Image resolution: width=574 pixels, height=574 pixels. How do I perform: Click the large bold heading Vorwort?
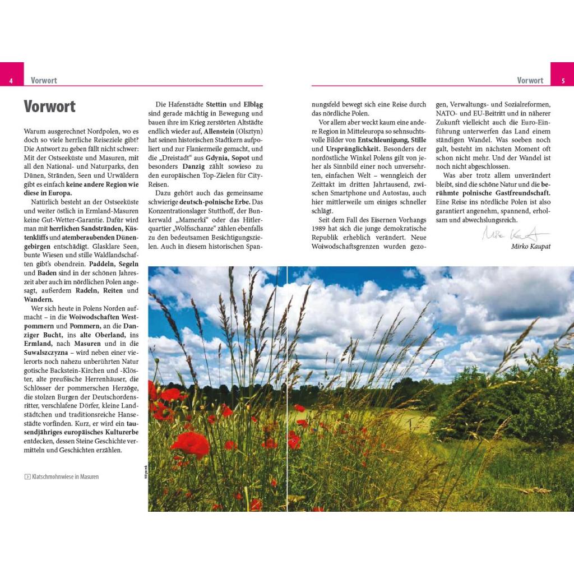pyautogui.click(x=49, y=107)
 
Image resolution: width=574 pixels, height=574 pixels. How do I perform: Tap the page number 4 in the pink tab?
pyautogui.click(x=11, y=81)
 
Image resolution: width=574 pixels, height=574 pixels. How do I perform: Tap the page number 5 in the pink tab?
pyautogui.click(x=563, y=81)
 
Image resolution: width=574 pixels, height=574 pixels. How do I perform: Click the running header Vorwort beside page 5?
pyautogui.click(x=530, y=81)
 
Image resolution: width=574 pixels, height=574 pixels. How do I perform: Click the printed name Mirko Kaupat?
pyautogui.click(x=531, y=246)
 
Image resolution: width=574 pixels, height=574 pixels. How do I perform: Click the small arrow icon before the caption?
pyautogui.click(x=27, y=477)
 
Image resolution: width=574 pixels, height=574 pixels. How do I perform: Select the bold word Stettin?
pyautogui.click(x=216, y=104)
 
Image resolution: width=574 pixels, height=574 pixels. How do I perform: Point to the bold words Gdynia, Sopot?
pyautogui.click(x=228, y=159)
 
